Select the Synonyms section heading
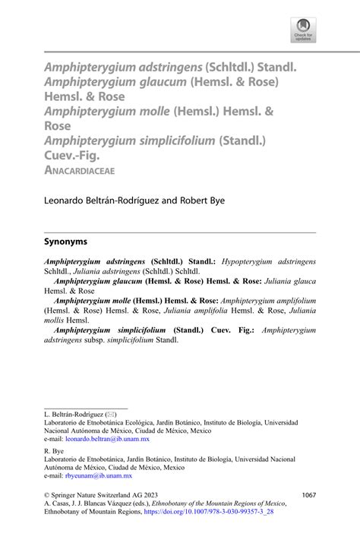tap(65, 241)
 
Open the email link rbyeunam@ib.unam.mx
tap(99, 475)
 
